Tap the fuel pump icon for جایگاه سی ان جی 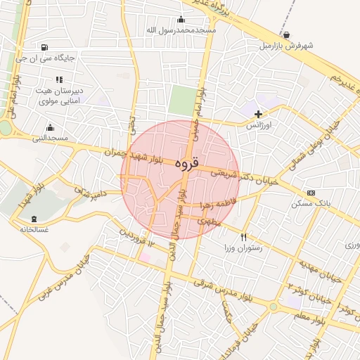[45, 48]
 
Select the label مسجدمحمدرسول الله [181, 30]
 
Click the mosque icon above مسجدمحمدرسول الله [181, 19]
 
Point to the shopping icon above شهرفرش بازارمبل [285, 34]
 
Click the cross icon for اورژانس [258, 113]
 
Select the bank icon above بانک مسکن [311, 193]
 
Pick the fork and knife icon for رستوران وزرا [244, 237]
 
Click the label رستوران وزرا [243, 248]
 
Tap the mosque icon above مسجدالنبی [50, 127]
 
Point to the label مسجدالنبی [50, 138]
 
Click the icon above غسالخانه [34, 218]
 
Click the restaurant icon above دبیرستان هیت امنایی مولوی [59, 79]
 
